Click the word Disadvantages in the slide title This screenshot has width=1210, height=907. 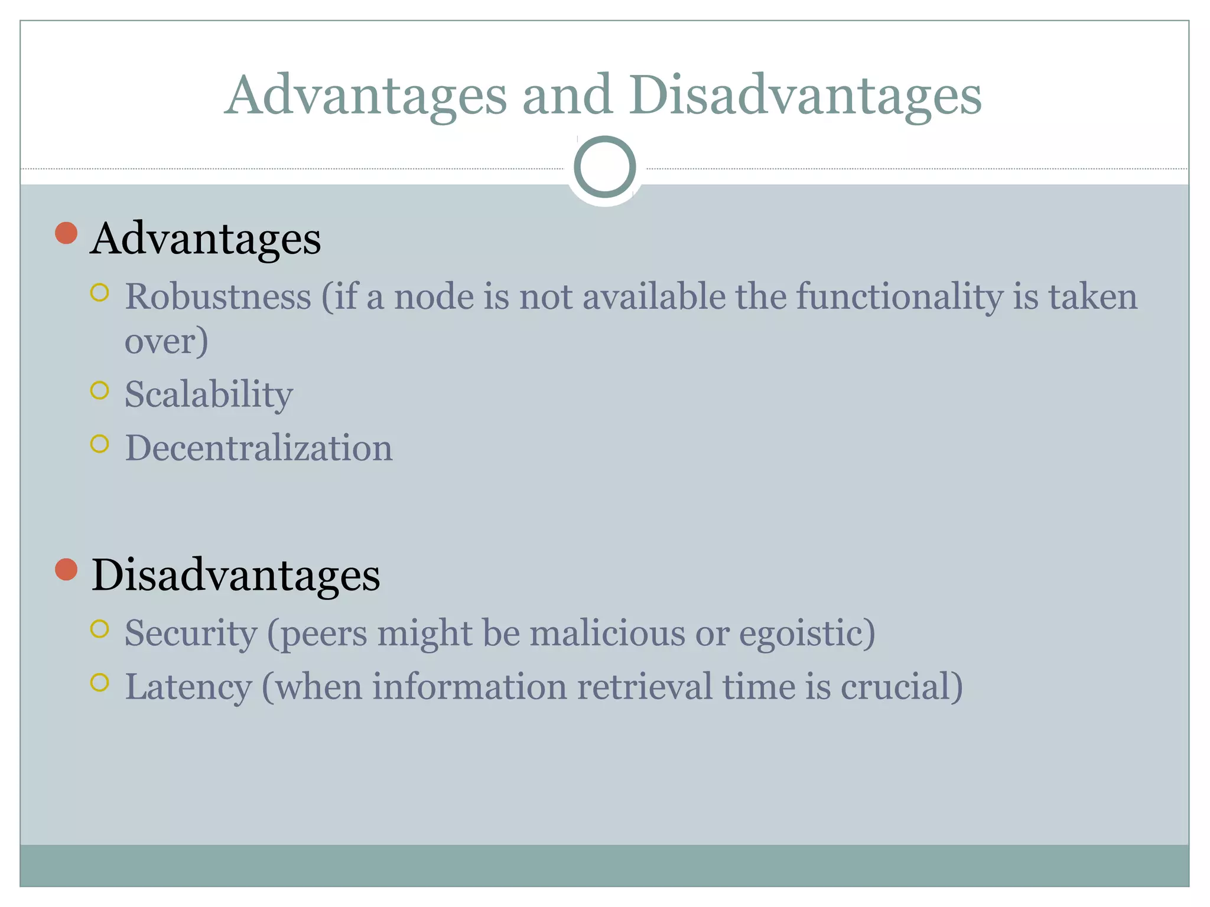point(805,96)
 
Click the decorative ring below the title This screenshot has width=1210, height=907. point(604,167)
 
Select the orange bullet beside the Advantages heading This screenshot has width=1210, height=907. point(66,233)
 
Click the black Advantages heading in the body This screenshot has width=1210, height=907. point(206,239)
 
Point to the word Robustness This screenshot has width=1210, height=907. point(218,296)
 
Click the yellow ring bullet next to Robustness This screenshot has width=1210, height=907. point(100,293)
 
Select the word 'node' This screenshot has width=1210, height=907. point(434,296)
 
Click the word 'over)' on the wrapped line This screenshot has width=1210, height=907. point(166,341)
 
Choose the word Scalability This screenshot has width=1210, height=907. point(209,394)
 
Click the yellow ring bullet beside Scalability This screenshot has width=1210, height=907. point(100,390)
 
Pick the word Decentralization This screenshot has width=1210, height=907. point(259,448)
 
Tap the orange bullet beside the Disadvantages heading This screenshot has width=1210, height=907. point(66,570)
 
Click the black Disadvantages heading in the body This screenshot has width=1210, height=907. point(236,575)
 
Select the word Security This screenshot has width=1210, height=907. point(191,633)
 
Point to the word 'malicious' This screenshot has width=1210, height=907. point(607,633)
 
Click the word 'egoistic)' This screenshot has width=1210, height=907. point(807,634)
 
